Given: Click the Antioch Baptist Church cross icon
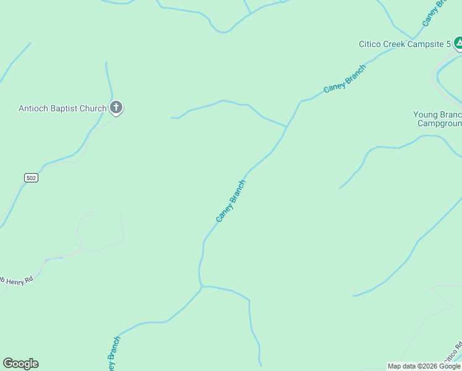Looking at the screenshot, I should click(115, 108).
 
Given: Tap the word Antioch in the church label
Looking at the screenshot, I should click(33, 109).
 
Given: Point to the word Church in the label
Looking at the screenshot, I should click(93, 109).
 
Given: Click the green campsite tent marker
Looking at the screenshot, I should click(458, 43).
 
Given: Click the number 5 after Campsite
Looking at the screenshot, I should click(448, 45).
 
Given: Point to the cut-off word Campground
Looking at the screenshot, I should click(439, 123).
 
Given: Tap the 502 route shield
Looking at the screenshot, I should click(31, 178).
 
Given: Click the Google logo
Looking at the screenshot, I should click(20, 364).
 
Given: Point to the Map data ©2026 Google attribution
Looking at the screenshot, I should click(424, 366).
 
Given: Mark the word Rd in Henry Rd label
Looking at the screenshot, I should click(28, 279).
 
